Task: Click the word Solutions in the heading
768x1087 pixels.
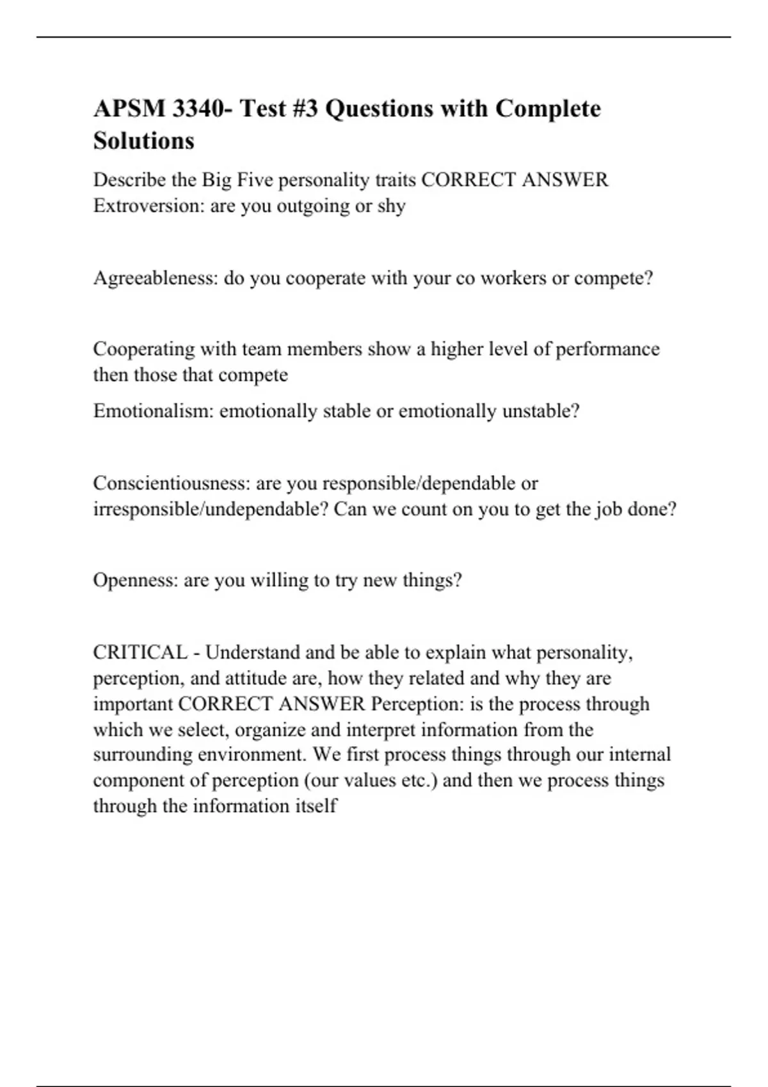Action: pyautogui.click(x=144, y=141)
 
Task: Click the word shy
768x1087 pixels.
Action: pyautogui.click(x=391, y=206)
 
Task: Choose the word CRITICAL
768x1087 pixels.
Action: pyautogui.click(x=140, y=652)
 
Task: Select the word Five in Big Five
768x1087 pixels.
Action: pyautogui.click(x=255, y=180)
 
